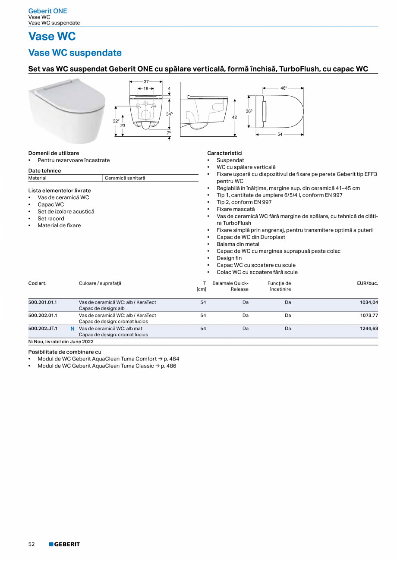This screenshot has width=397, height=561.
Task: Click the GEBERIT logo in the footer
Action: pos(64,544)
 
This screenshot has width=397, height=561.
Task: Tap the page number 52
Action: pos(32,544)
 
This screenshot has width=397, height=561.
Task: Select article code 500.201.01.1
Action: pos(43,302)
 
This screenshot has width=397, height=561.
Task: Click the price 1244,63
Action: pos(369,329)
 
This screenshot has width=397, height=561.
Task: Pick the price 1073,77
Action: pos(369,316)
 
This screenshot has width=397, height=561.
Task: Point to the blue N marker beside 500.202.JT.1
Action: pos(72,329)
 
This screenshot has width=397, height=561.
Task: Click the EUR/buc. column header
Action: pos(367,283)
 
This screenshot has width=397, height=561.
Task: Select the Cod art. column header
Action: pos(38,283)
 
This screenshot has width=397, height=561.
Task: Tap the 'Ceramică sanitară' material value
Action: pos(125,178)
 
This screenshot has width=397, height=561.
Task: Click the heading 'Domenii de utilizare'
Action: pos(54,153)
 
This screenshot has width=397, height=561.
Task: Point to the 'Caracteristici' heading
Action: pos(225,153)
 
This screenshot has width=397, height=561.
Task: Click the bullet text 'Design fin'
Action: pos(229,258)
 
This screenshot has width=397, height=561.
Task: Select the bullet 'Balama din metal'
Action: pos(238,244)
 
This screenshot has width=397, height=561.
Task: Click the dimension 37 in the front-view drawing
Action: pos(146,81)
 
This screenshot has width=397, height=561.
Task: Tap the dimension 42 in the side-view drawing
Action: pos(234,116)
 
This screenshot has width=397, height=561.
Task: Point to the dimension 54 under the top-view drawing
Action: pos(280,135)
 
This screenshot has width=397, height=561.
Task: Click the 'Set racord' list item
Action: pos(50,219)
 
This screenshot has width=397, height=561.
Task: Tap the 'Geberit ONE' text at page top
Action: pos(47,11)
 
